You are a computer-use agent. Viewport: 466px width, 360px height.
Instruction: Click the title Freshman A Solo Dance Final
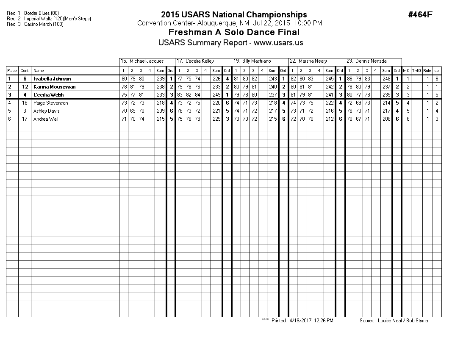pos(234,33)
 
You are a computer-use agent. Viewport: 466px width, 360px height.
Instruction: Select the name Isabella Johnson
pos(52,79)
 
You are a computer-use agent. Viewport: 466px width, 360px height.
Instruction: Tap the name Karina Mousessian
pos(54,87)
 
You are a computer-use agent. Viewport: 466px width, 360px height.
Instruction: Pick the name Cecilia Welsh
pos(48,95)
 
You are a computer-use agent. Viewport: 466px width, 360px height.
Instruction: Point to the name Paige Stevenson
pos(50,103)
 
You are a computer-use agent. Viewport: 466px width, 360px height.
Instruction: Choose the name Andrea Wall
pos(46,119)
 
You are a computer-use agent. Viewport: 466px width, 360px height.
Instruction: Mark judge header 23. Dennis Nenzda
pos(366,61)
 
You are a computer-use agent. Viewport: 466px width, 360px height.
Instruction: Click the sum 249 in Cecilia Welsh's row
pos(216,95)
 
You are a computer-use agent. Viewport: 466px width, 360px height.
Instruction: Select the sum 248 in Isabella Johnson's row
pos(386,79)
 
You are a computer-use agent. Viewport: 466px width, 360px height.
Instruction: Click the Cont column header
pos(25,71)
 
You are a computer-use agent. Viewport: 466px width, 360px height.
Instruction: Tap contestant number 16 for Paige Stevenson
pos(25,103)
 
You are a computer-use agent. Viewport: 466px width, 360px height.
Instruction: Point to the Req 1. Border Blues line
pos(33,13)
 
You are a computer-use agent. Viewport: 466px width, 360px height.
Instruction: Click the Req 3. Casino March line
pos(35,24)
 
